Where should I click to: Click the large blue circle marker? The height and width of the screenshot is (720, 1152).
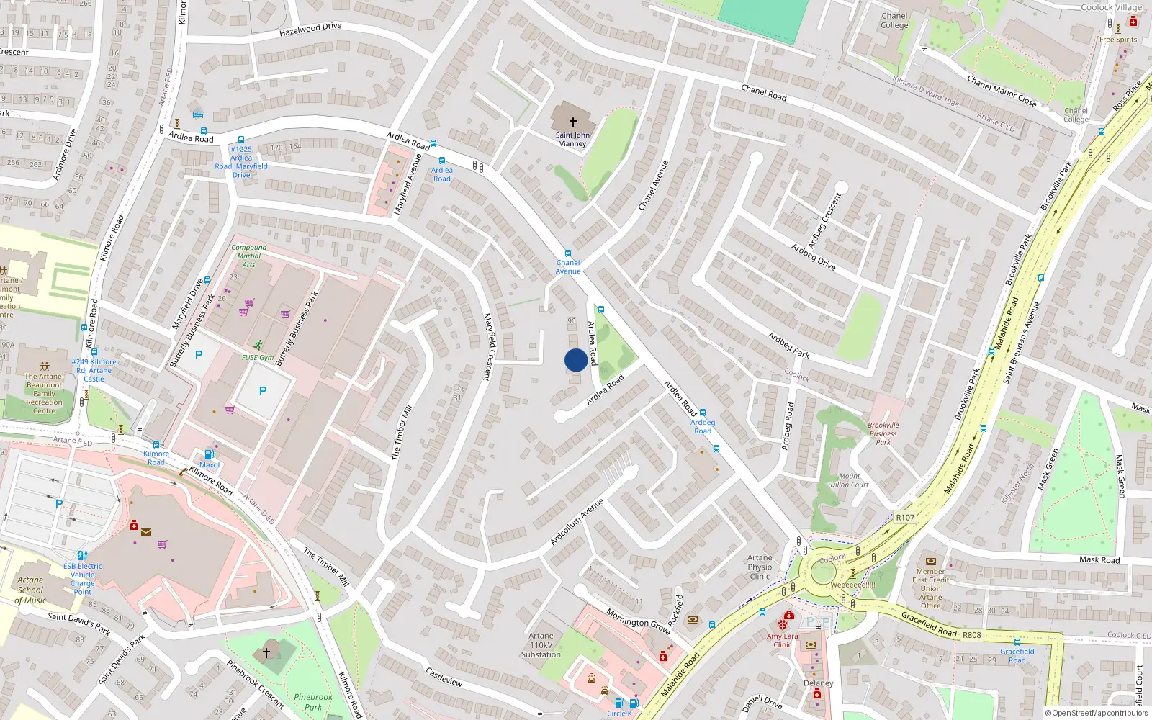click(x=576, y=360)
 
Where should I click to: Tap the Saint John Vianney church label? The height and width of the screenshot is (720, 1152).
click(x=572, y=140)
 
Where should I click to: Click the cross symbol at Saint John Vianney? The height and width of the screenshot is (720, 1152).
click(x=573, y=122)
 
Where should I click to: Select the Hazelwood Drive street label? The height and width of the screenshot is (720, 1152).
click(x=310, y=30)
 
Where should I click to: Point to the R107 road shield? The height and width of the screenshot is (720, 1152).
click(x=905, y=517)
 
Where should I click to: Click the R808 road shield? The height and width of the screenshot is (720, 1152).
click(x=972, y=635)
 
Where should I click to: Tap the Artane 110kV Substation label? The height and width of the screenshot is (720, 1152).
click(x=541, y=645)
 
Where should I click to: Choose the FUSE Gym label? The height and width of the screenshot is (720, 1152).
click(x=257, y=357)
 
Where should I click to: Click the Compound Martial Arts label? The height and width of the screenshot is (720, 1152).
click(x=249, y=256)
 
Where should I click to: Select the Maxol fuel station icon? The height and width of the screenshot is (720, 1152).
click(x=209, y=454)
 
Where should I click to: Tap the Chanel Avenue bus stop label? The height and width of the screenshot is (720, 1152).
click(x=568, y=267)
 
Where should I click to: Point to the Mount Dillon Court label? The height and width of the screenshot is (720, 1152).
click(x=850, y=480)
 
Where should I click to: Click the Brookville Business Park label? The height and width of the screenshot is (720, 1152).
click(x=883, y=433)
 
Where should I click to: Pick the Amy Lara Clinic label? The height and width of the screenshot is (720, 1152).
click(x=783, y=640)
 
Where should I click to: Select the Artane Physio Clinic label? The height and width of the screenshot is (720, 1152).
click(x=760, y=567)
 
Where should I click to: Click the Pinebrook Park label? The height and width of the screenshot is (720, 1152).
click(x=313, y=702)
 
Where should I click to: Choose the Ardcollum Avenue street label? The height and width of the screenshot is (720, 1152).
click(x=577, y=521)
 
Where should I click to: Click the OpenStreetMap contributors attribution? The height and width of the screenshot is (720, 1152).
click(x=1097, y=714)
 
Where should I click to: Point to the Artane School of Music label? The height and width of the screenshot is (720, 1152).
click(x=30, y=590)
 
